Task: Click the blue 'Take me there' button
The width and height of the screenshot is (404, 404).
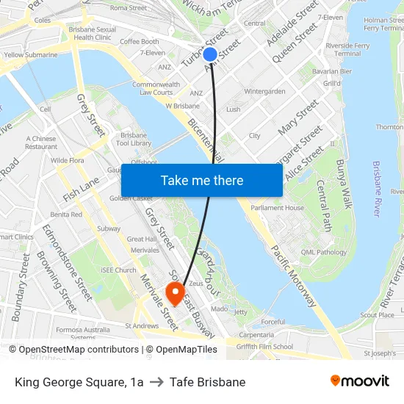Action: coord(202,181)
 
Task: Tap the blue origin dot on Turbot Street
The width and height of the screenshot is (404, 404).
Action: coord(210,54)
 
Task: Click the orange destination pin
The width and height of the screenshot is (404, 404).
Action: coord(176,293)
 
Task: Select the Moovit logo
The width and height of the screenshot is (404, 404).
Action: coord(360,381)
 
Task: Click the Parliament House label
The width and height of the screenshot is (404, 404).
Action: coord(278,208)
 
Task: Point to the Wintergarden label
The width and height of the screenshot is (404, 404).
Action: coord(264,92)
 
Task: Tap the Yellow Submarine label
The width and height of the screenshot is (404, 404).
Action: coord(31,54)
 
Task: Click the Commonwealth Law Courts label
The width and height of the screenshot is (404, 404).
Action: coord(156,89)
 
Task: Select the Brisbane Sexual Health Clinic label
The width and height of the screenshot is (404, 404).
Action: coord(93,32)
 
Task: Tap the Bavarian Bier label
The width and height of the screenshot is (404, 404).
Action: coord(331,71)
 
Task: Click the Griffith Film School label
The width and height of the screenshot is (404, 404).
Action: coord(265,347)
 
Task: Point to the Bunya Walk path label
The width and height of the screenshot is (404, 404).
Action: coord(344,184)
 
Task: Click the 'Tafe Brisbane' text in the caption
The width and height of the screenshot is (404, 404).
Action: coord(207,382)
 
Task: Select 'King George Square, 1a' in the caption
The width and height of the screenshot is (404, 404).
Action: coord(79,382)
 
